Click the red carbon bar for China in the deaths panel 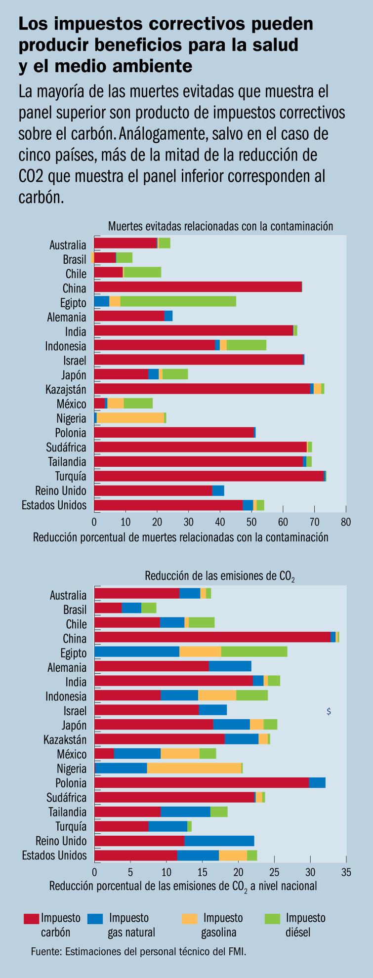coord(198,287)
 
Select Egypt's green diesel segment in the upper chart coord(178,301)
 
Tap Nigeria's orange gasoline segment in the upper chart coord(130,418)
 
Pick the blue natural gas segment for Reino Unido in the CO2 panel coord(219,841)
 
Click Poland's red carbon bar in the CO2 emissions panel coord(201,783)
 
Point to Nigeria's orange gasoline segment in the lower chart coord(194,769)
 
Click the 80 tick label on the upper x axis coord(346,522)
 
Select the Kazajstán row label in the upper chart coord(66,390)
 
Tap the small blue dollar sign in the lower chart coord(329,711)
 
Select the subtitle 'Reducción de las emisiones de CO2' coord(219,576)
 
